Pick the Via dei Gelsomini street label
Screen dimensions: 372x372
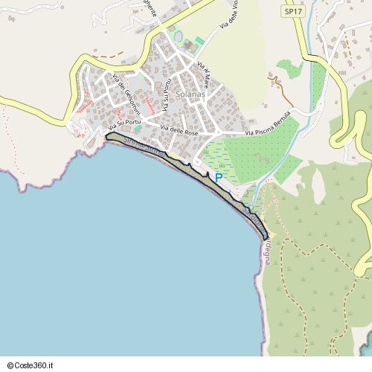click(x=124, y=97)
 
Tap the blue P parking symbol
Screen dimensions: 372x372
click(x=218, y=178)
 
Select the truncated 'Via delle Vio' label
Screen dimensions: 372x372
click(x=229, y=16)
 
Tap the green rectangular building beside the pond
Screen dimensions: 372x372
click(x=199, y=39)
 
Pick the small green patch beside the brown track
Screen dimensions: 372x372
click(x=290, y=69)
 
